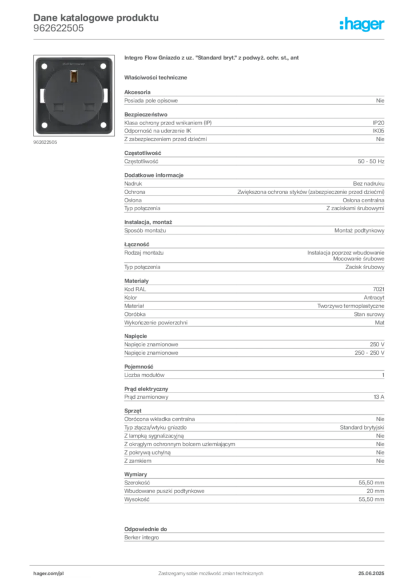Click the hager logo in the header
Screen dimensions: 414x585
[x=361, y=24]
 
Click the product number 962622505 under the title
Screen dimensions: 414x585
[x=58, y=29]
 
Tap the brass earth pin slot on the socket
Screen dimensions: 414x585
[x=74, y=77]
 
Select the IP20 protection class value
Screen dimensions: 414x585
[x=378, y=123]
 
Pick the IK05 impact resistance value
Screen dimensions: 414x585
[x=378, y=131]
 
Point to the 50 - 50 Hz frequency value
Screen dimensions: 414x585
[x=371, y=162]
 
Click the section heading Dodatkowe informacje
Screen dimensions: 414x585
[x=154, y=175]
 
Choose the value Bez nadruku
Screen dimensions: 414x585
[x=368, y=183]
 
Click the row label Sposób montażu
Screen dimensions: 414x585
[x=145, y=231]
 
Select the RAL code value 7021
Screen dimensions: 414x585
[x=379, y=289]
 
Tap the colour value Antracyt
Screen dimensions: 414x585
[x=373, y=298]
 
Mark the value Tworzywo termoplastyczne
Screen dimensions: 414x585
[x=351, y=306]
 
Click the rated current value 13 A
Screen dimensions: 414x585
[x=379, y=397]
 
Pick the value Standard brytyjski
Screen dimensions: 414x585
[x=362, y=427]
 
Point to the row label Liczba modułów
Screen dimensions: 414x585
[x=144, y=375]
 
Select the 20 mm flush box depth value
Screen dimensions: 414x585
[x=375, y=491]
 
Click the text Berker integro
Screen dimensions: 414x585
[x=141, y=538]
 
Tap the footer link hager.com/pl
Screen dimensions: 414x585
[x=49, y=574]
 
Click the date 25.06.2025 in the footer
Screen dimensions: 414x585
[x=371, y=574]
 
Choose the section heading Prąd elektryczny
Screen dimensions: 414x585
[x=146, y=388]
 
